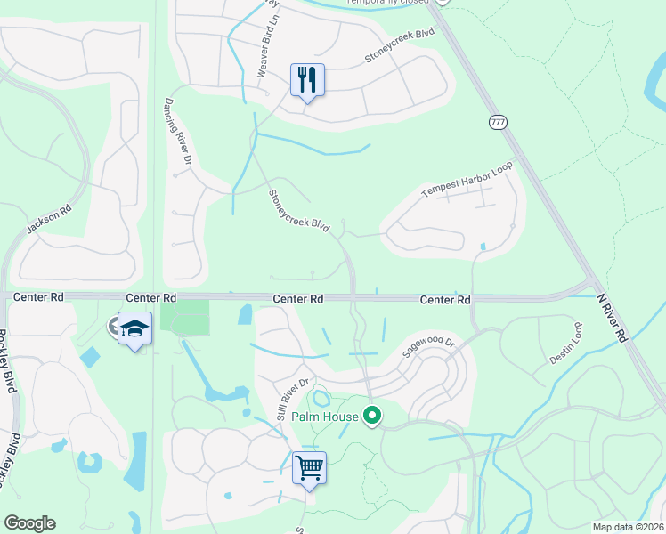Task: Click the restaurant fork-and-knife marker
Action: [x=307, y=80]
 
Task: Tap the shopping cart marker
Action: [x=309, y=467]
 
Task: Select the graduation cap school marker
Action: [x=134, y=328]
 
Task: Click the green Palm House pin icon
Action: [x=373, y=416]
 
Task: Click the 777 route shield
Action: [x=498, y=121]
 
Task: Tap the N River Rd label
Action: [x=612, y=319]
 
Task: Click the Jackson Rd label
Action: [x=48, y=221]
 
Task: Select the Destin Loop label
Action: [x=565, y=343]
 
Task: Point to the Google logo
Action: [x=29, y=523]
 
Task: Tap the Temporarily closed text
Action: [x=387, y=3]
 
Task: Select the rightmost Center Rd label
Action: [x=445, y=301]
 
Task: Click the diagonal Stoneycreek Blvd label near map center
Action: [x=299, y=210]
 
